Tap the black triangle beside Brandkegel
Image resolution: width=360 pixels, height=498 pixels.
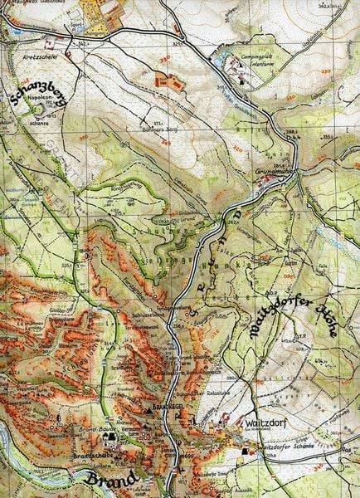click(151, 411)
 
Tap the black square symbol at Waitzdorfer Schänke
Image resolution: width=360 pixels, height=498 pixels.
click(245, 452)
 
